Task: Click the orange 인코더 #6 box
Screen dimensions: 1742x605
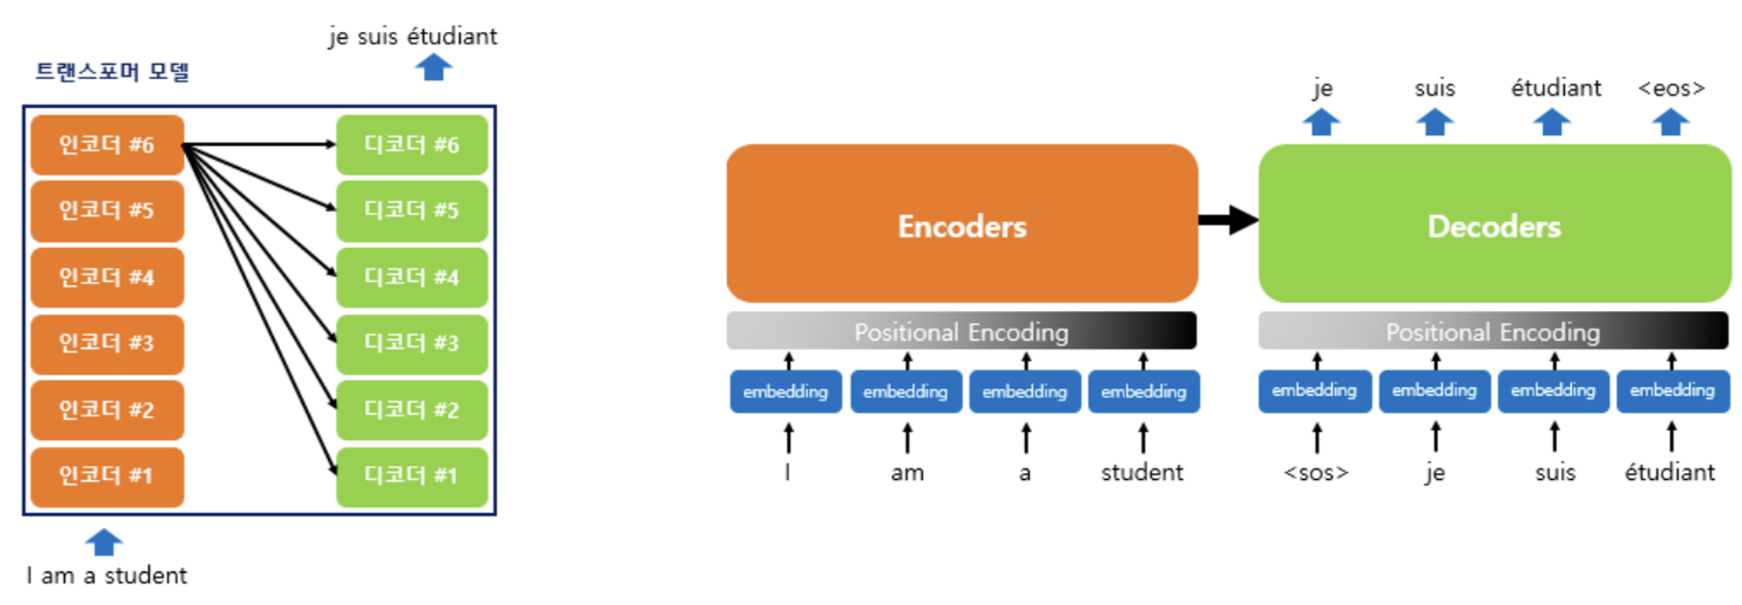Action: pyautogui.click(x=107, y=144)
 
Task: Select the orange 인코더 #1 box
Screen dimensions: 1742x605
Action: pyautogui.click(x=107, y=477)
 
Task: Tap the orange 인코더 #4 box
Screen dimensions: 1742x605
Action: pyautogui.click(x=107, y=277)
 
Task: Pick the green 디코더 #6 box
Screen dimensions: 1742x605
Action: pyautogui.click(x=412, y=144)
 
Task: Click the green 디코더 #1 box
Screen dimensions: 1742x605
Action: pyautogui.click(x=412, y=477)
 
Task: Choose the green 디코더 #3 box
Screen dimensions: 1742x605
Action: pyautogui.click(x=412, y=344)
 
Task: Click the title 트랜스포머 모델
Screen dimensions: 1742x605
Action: pyautogui.click(x=113, y=71)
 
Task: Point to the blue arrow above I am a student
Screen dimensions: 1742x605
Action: pyautogui.click(x=104, y=542)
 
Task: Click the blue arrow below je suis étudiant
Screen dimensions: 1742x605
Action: pyautogui.click(x=433, y=67)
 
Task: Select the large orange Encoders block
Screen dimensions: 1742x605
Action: pyautogui.click(x=962, y=223)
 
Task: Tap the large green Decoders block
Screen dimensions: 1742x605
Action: pyautogui.click(x=1495, y=223)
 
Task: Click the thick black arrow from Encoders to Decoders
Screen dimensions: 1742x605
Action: pyautogui.click(x=1228, y=220)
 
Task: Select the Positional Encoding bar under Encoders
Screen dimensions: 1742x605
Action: pyautogui.click(x=961, y=330)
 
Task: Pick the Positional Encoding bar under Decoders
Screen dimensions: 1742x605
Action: pyautogui.click(x=1493, y=330)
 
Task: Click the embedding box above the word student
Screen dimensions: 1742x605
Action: pyautogui.click(x=1144, y=392)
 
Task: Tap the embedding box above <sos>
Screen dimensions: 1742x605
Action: pyautogui.click(x=1315, y=391)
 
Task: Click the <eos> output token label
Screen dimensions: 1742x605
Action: pyautogui.click(x=1671, y=89)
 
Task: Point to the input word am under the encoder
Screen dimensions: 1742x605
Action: pyautogui.click(x=907, y=473)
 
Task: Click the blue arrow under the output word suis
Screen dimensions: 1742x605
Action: pyautogui.click(x=1435, y=122)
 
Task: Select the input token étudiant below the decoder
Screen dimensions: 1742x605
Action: pyautogui.click(x=1670, y=472)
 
